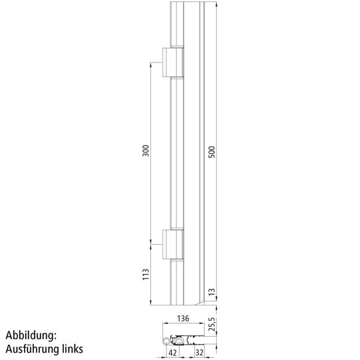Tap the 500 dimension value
coord(212,152)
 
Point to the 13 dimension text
coord(212,291)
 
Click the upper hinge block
coord(173,63)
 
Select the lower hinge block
coord(173,244)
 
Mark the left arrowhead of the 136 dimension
coord(160,324)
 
